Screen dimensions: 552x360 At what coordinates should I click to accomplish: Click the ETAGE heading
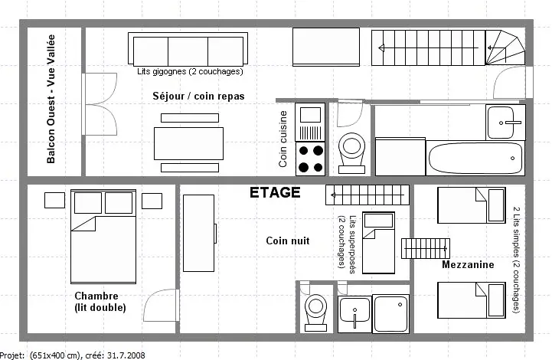(275, 193)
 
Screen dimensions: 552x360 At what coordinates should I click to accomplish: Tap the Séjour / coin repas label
(198, 97)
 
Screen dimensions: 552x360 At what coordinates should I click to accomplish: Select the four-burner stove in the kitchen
(310, 159)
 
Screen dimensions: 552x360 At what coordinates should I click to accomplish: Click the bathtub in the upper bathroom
(475, 158)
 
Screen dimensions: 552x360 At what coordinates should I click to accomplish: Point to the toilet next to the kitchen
(351, 152)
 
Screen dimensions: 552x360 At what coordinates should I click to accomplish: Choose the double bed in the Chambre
(103, 237)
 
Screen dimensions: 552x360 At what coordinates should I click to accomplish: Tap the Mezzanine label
(468, 264)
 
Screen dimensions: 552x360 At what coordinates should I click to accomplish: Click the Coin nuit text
(288, 241)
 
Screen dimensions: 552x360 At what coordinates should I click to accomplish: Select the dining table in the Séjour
(188, 143)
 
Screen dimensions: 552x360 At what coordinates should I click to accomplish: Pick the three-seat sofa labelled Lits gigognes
(188, 49)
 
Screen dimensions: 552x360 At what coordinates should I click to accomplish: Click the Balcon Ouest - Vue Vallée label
(51, 99)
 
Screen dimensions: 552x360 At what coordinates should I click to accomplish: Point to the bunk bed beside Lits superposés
(378, 242)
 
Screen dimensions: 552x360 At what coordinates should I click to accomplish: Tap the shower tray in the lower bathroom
(390, 314)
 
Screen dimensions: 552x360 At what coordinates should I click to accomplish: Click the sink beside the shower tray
(355, 314)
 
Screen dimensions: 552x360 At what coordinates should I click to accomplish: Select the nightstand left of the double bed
(54, 200)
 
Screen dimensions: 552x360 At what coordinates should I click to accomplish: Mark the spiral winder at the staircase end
(505, 47)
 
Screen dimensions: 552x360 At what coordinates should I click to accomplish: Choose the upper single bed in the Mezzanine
(472, 205)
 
